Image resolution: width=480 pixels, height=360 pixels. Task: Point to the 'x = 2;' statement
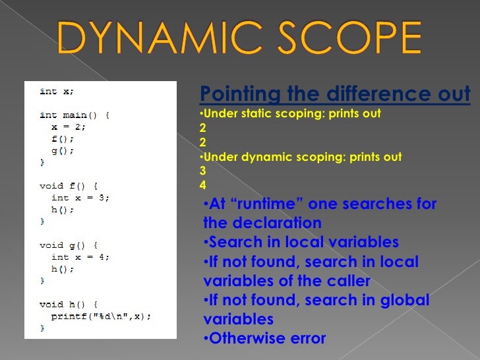click(x=69, y=127)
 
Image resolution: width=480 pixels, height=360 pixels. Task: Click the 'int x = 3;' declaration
click(x=80, y=198)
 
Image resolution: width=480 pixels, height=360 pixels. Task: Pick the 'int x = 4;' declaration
click(x=80, y=257)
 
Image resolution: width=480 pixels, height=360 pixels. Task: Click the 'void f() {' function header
click(x=69, y=186)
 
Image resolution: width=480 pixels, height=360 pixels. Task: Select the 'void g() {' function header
click(x=69, y=245)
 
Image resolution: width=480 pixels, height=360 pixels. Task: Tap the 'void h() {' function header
click(x=69, y=305)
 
